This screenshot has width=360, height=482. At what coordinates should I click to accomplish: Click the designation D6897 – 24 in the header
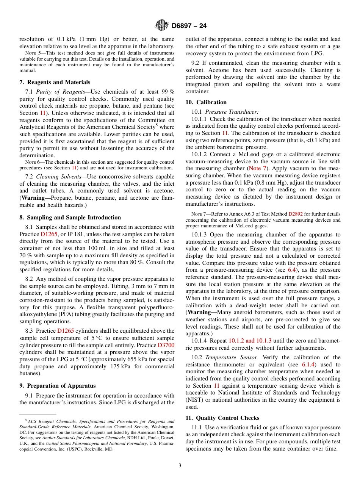tap(189, 26)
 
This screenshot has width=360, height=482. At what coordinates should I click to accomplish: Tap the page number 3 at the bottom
tap(180, 465)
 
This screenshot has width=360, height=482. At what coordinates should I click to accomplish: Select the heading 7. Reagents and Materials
tap(55, 82)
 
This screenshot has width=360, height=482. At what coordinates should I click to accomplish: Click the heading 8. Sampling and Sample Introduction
tap(70, 218)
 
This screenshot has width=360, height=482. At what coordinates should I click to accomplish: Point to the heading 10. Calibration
tap(206, 102)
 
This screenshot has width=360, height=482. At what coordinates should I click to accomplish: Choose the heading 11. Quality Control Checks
tap(222, 418)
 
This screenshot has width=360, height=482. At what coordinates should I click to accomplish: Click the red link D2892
tap(296, 214)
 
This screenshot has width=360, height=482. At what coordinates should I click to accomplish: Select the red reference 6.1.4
tap(309, 365)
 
